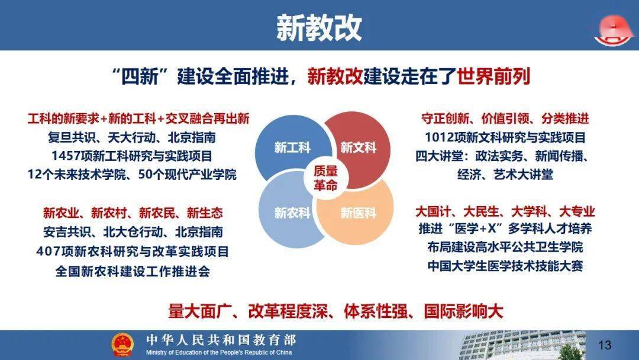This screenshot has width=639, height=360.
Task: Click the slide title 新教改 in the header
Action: tap(319, 28)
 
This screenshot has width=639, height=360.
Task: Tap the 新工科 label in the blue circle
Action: tap(292, 147)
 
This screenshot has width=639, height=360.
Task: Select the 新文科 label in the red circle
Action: tap(358, 147)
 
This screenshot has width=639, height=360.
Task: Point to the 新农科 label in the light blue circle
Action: tap(292, 213)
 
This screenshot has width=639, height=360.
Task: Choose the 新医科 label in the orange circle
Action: tap(358, 213)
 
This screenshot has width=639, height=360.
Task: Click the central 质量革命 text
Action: tap(325, 178)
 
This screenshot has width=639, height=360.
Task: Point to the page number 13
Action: tap(605, 345)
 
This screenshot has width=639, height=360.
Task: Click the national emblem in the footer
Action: tap(122, 345)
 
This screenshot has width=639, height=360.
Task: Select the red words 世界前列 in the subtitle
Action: tap(493, 76)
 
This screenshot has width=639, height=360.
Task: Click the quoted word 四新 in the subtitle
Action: tap(140, 76)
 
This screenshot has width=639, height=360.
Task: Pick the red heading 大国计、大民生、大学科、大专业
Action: tap(505, 211)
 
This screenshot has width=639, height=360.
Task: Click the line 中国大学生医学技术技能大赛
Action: tap(505, 266)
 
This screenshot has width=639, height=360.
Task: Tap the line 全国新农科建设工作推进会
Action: tap(133, 271)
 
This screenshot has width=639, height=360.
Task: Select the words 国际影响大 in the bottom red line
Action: tap(463, 311)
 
